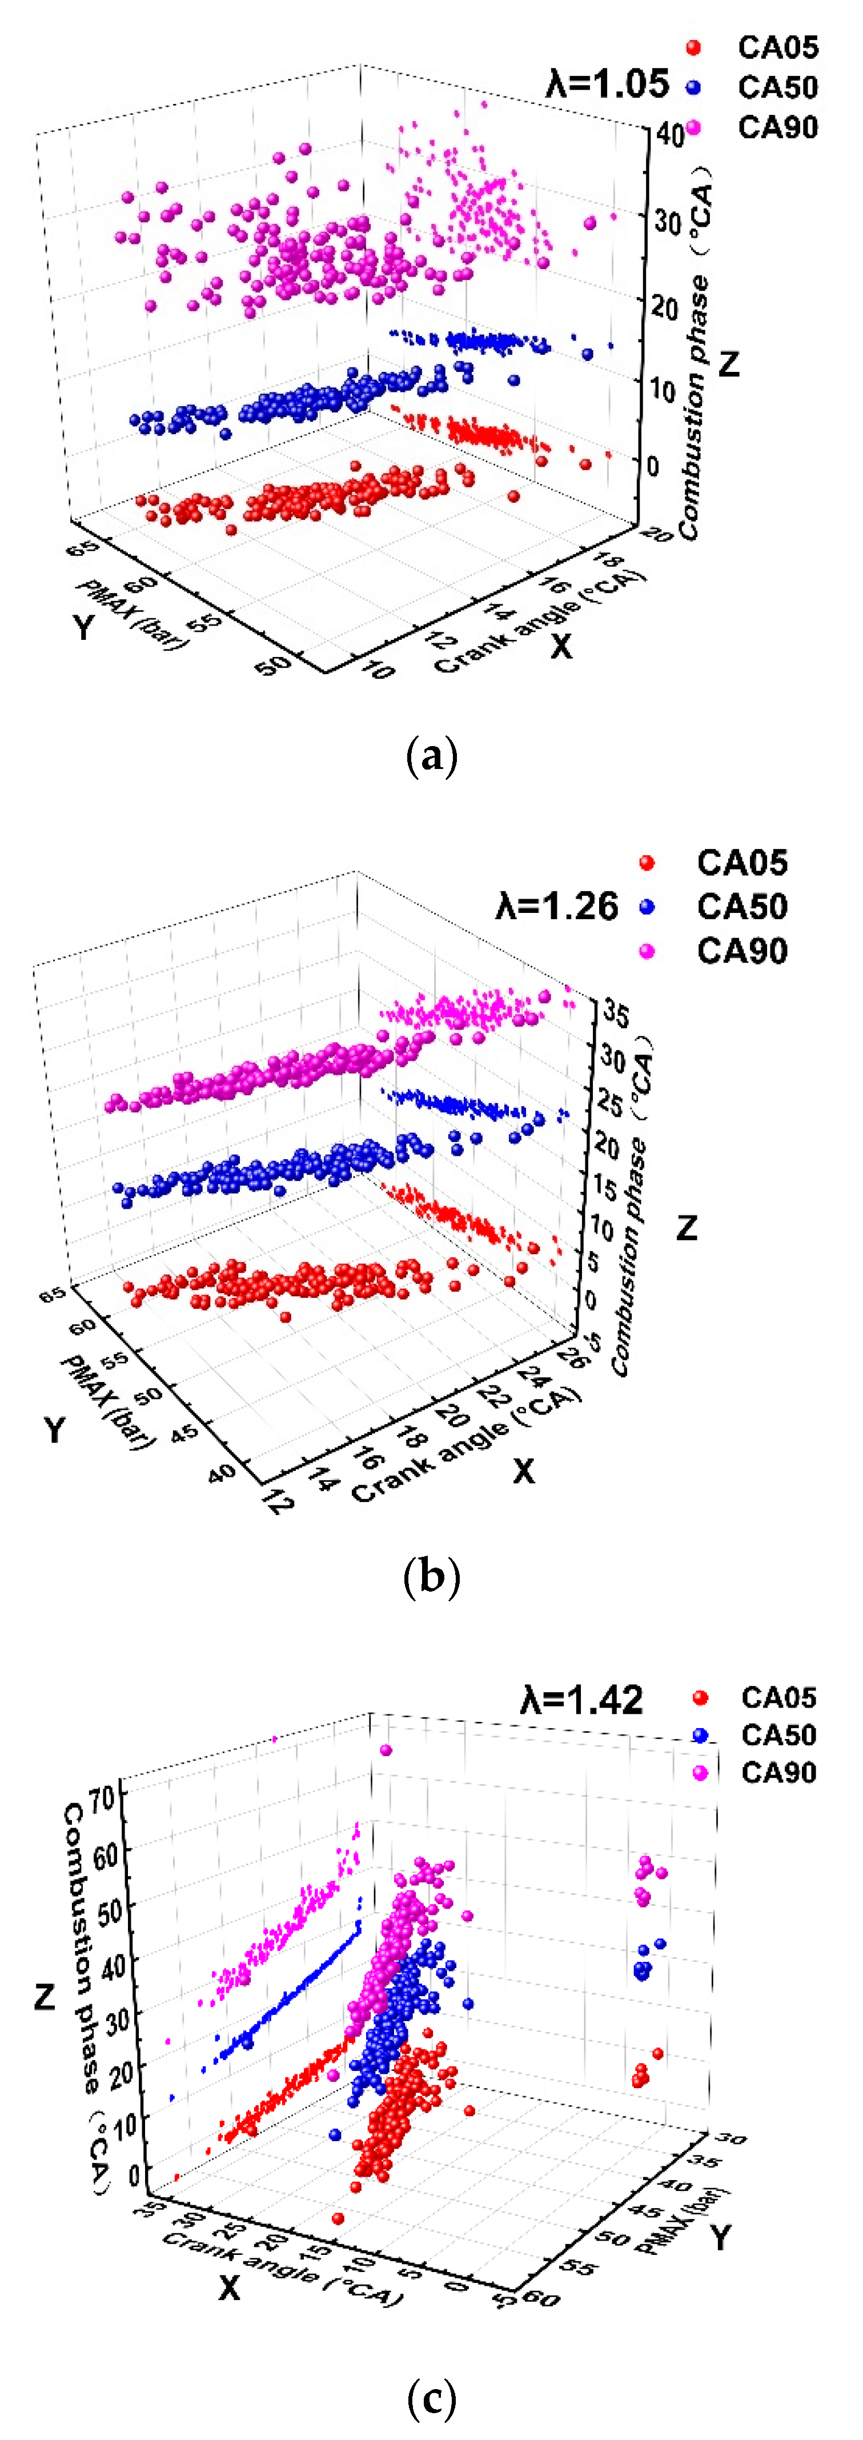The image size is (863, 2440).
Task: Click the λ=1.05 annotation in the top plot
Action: click(x=607, y=85)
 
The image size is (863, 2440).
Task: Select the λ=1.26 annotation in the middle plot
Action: click(x=557, y=907)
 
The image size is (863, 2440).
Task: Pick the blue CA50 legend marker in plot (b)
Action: click(x=647, y=907)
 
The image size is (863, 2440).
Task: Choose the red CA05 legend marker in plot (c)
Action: click(x=700, y=1697)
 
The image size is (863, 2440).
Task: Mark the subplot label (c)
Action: click(x=431, y=2399)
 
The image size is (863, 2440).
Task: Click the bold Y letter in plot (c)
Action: click(x=722, y=2237)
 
